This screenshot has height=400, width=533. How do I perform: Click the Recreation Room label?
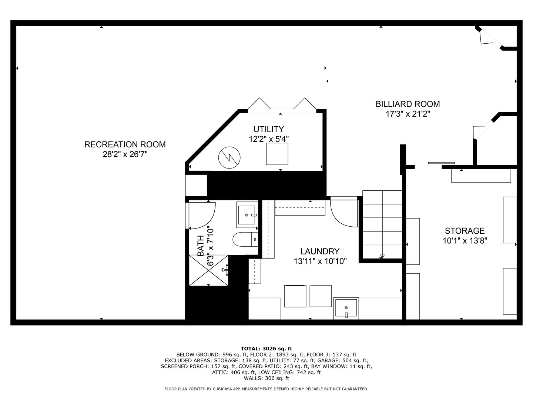[x=125, y=144]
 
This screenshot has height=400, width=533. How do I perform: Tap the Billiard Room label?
[x=408, y=104]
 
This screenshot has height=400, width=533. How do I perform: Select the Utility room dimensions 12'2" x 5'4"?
[x=269, y=139]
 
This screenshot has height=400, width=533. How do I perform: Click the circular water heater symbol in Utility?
[x=229, y=158]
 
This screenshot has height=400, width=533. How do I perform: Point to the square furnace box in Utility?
[x=277, y=154]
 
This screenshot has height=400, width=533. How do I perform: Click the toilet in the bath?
[x=245, y=239]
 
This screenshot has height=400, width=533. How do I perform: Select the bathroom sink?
[x=247, y=215]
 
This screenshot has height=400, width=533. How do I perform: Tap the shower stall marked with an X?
[x=209, y=270]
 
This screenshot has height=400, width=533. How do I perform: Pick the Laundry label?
[x=320, y=251]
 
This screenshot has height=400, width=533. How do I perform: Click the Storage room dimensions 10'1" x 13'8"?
[x=465, y=241]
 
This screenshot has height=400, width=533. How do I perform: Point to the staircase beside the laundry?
[x=382, y=225]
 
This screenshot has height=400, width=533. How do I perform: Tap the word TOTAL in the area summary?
[x=250, y=349]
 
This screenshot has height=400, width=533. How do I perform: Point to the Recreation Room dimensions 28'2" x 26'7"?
[x=125, y=154]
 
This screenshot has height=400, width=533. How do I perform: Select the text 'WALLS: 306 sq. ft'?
[x=266, y=378]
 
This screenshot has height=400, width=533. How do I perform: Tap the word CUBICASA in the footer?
[x=222, y=389]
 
